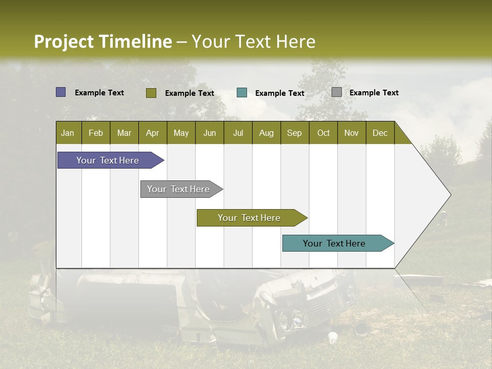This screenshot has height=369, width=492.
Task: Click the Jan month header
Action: click(68, 133)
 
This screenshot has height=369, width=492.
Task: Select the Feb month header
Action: click(96, 133)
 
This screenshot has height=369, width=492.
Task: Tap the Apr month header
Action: click(152, 133)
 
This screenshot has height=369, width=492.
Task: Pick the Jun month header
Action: click(210, 133)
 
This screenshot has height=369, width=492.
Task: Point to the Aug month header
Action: click(266, 133)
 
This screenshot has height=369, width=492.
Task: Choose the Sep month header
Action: click(294, 133)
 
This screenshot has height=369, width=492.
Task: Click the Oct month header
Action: click(323, 133)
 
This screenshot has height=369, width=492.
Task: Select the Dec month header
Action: click(380, 133)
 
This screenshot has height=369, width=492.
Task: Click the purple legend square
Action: click(60, 92)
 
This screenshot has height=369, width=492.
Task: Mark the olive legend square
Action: click(151, 93)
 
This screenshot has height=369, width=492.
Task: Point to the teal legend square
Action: click(242, 93)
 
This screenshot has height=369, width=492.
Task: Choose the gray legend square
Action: click(337, 92)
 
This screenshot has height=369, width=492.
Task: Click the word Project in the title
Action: click(64, 42)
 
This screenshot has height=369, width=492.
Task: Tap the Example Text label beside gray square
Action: click(374, 93)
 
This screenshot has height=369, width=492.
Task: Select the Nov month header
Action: click(351, 133)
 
